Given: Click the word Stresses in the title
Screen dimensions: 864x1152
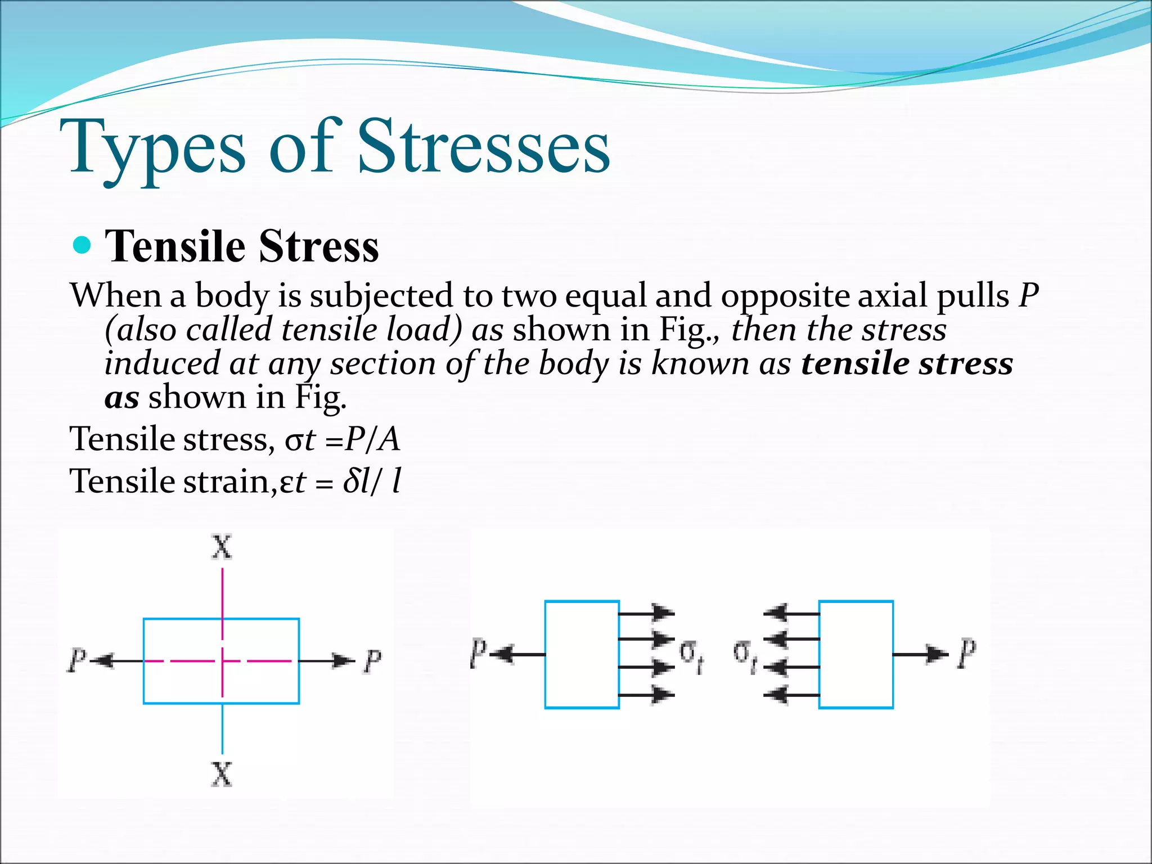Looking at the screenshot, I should point(484,147).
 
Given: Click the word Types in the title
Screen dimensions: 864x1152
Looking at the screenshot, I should point(157,147).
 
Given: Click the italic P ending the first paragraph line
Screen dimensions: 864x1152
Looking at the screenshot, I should point(1028,295).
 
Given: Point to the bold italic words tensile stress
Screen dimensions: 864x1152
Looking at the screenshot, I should point(907,363).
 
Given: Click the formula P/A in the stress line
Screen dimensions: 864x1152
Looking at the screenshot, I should point(372,439).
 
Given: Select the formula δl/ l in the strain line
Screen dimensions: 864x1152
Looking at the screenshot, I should point(372,482).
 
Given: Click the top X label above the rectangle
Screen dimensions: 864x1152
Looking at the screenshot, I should point(222,547).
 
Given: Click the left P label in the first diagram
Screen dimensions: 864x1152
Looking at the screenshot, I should point(77,660).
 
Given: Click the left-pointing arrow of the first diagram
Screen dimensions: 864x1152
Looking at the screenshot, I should point(115,660).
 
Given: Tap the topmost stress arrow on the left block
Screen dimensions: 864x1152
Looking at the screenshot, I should point(647,613).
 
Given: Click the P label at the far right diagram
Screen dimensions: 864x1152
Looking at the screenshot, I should point(967,654).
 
